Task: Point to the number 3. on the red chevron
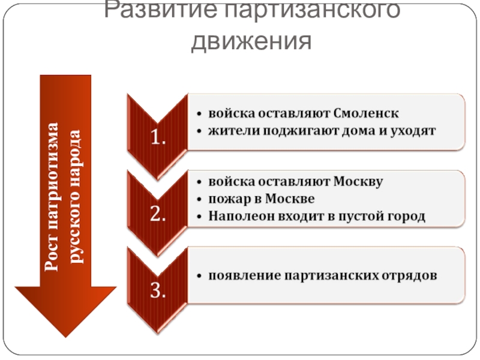pos(158,291)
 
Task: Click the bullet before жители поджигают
pos(199,130)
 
